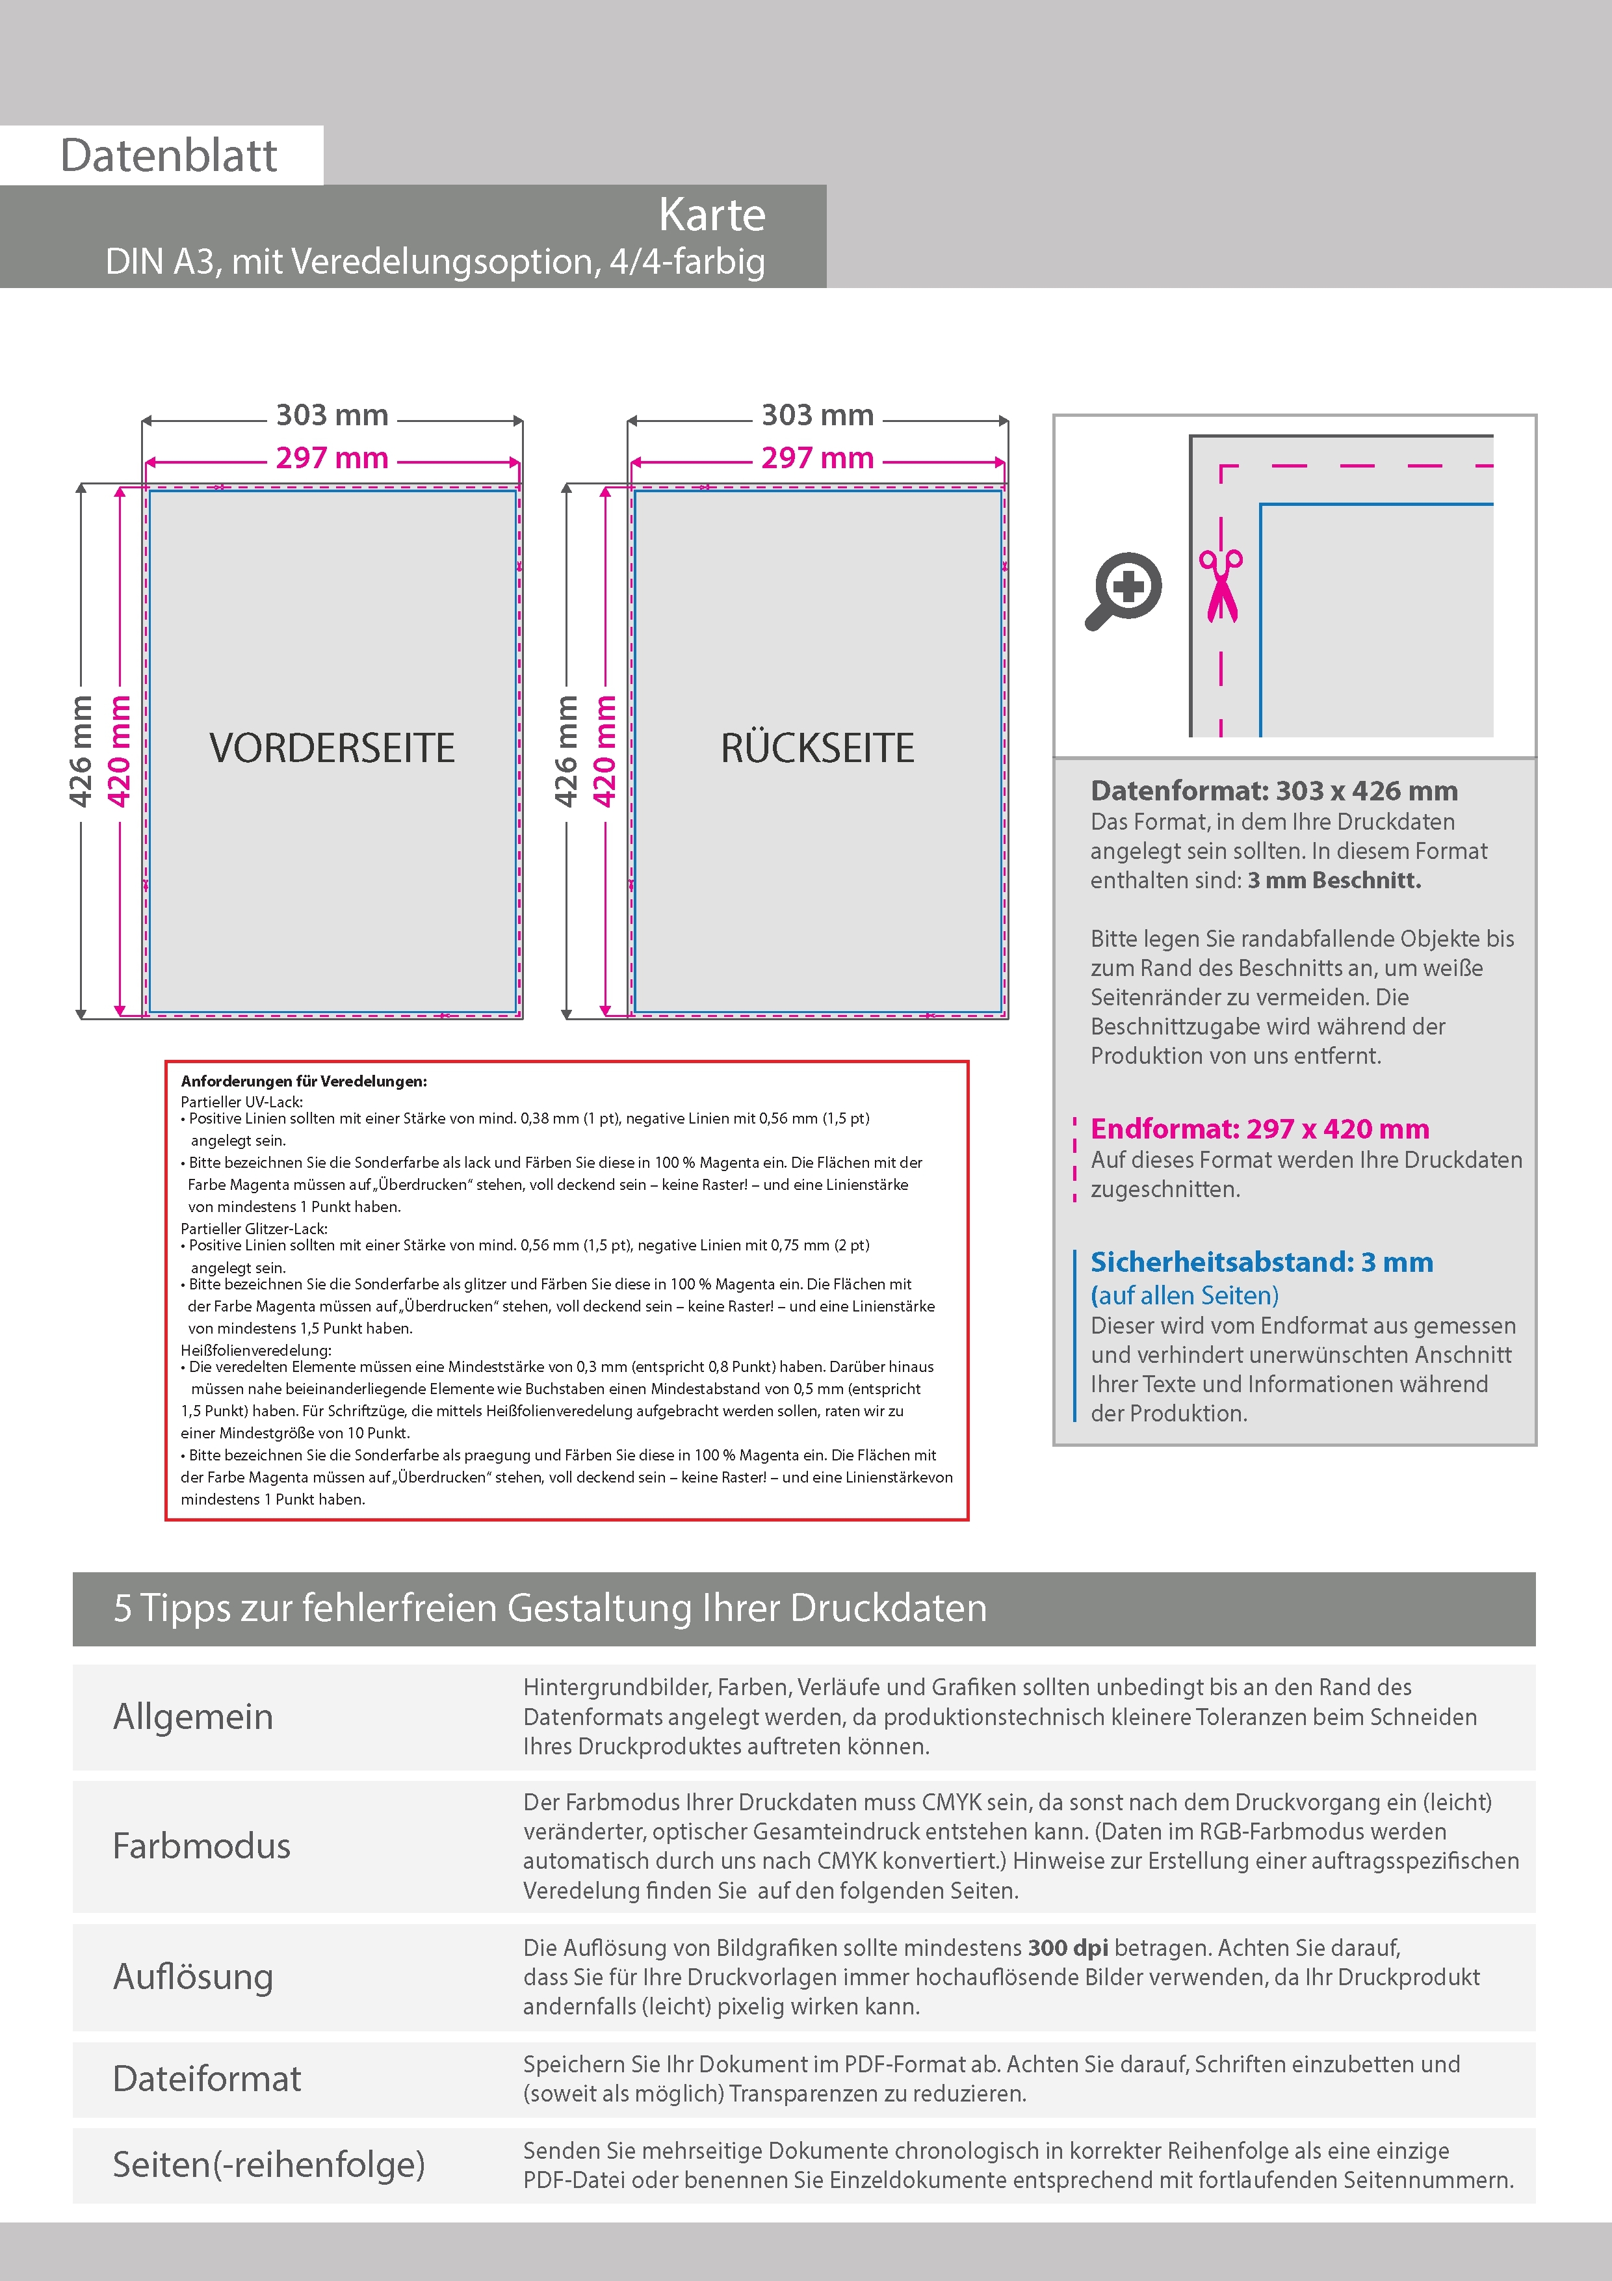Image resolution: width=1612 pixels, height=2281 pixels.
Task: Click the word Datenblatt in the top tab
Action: pos(169,156)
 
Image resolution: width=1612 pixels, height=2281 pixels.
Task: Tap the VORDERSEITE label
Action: pos(331,748)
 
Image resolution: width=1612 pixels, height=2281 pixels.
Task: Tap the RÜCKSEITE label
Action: pos(818,748)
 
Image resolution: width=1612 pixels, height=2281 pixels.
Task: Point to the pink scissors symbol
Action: pos(1221,585)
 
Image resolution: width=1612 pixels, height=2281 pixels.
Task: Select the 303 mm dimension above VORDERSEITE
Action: pos(331,415)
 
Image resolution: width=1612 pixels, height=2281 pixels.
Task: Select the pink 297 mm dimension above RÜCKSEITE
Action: pos(818,458)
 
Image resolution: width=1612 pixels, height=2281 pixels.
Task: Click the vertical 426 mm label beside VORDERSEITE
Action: pos(81,751)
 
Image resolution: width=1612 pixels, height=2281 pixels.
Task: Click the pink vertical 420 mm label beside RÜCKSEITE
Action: pos(604,751)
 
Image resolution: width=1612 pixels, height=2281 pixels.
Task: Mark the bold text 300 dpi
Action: pos(1068,1947)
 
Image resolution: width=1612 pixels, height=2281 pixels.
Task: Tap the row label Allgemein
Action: pos(192,1717)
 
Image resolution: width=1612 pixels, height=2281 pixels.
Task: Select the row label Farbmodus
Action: pos(201,1846)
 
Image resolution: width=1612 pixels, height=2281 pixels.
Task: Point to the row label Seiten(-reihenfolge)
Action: pos(268,2164)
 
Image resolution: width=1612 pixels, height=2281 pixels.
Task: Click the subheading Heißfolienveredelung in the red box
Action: pos(256,1350)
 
